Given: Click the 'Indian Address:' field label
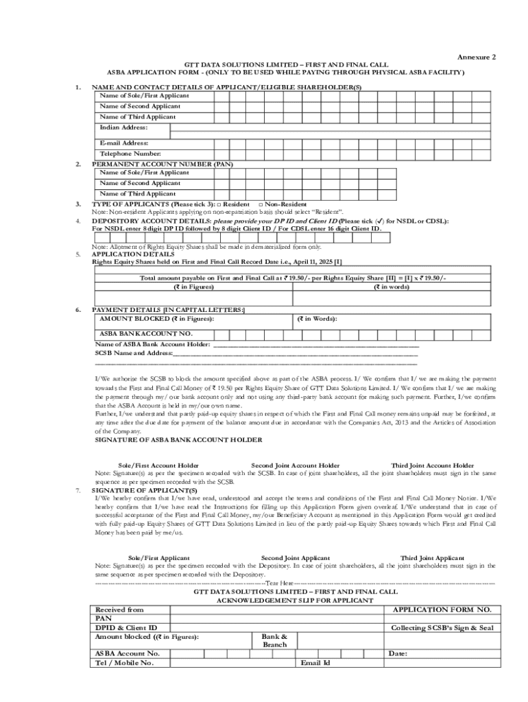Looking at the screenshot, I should pyautogui.click(x=123, y=128).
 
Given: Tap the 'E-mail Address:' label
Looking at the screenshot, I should pyautogui.click(x=124, y=143).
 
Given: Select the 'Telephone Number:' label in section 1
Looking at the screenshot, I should pyautogui.click(x=130, y=154).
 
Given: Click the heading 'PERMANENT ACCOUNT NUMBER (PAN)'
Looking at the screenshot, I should pyautogui.click(x=163, y=165).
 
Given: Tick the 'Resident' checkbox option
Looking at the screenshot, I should pyautogui.click(x=219, y=204).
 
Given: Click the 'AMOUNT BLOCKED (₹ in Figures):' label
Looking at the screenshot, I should pyautogui.click(x=156, y=319).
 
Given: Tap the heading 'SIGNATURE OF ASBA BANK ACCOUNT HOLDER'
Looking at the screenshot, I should pyautogui.click(x=178, y=439).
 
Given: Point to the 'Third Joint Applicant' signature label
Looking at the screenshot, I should pyautogui.click(x=432, y=558).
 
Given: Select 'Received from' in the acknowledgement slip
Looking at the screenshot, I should pyautogui.click(x=119, y=609).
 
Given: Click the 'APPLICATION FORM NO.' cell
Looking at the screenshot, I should pyautogui.click(x=442, y=609).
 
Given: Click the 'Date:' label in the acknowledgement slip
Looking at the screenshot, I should pyautogui.click(x=398, y=653).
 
